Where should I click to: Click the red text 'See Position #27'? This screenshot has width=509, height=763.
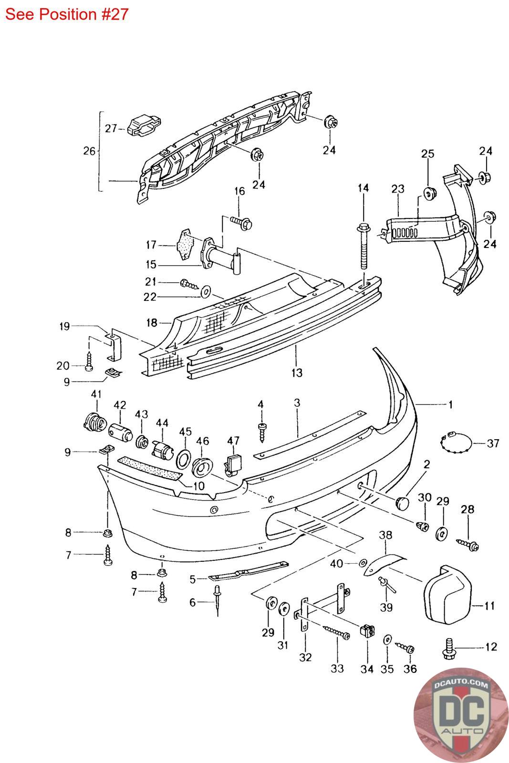click(x=67, y=14)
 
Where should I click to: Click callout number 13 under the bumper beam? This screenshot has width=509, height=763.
click(x=296, y=372)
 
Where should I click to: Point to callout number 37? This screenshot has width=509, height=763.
click(x=493, y=443)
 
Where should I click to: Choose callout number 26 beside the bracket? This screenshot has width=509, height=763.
click(x=89, y=151)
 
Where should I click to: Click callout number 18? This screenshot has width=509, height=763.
click(x=152, y=323)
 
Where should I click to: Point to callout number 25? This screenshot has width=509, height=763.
click(x=427, y=154)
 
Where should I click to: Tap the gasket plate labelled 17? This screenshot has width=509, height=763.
click(x=185, y=245)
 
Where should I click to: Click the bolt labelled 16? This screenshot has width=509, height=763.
click(x=242, y=222)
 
